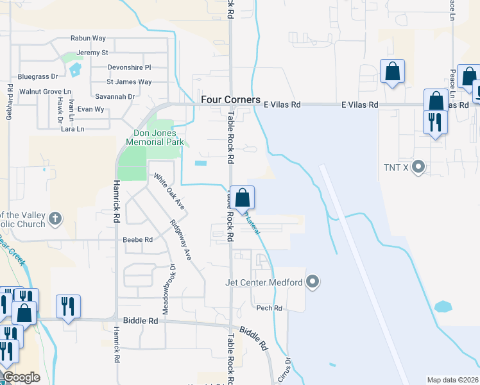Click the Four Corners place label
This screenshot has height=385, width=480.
(230, 99)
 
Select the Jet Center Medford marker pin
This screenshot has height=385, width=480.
(313, 282)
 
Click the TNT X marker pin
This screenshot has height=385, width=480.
(419, 167)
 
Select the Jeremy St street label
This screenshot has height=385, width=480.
(92, 52)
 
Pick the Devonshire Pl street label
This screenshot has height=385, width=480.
(128, 67)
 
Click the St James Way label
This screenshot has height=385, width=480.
(129, 81)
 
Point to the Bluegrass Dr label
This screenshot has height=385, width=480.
(38, 76)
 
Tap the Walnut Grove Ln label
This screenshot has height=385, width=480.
(45, 92)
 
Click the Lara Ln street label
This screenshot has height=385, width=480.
(72, 129)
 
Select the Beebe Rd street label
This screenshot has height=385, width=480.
(138, 240)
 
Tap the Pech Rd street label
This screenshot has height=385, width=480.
(269, 308)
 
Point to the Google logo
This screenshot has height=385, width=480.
(21, 377)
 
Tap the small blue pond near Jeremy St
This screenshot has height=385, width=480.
(76, 68)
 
